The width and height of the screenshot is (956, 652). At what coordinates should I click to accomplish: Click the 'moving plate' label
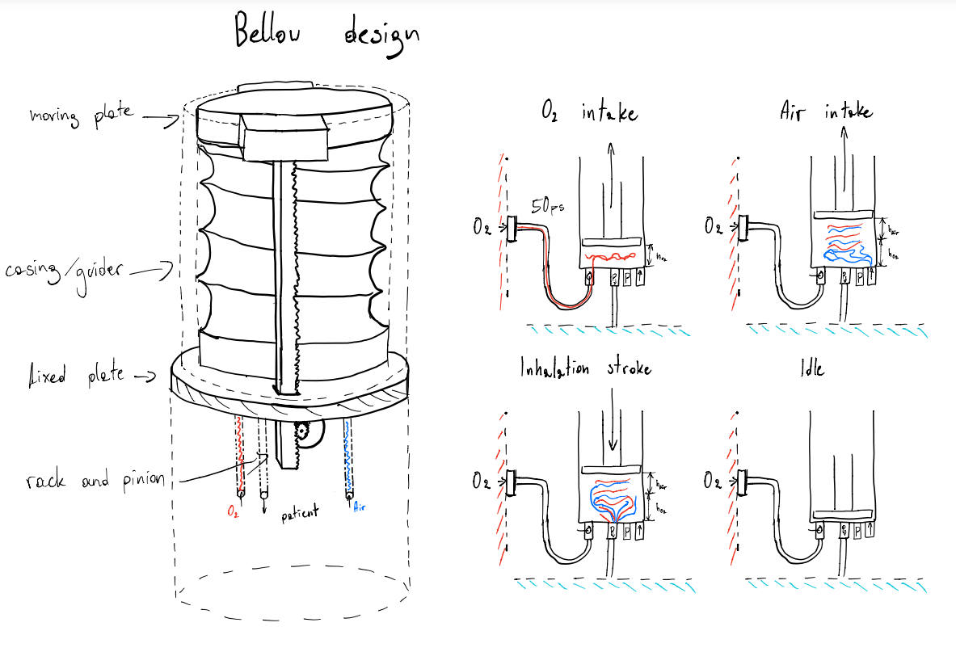point(81,115)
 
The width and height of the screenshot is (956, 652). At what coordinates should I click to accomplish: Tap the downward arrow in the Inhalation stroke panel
point(613,432)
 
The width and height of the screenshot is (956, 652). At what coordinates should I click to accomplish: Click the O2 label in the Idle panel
point(712,482)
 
